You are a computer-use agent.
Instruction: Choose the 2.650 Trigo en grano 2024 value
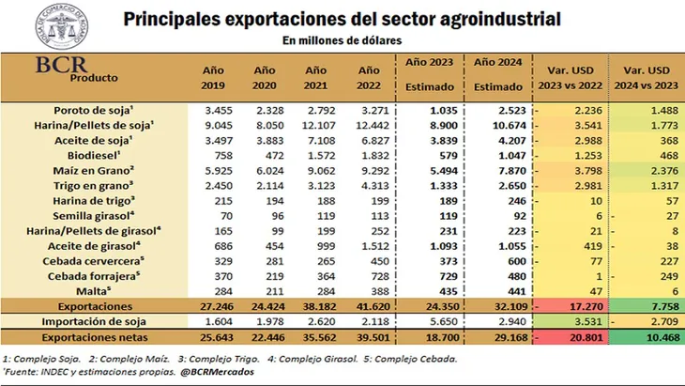click(499, 186)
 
